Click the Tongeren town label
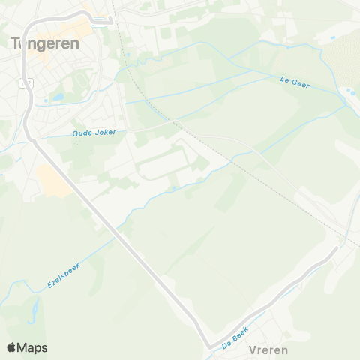click(x=43, y=43)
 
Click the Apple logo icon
click(x=11, y=347)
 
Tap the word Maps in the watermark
click(x=32, y=347)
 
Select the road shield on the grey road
click(x=28, y=84)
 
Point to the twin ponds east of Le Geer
click(x=348, y=93)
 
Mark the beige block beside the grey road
click(x=50, y=181)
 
